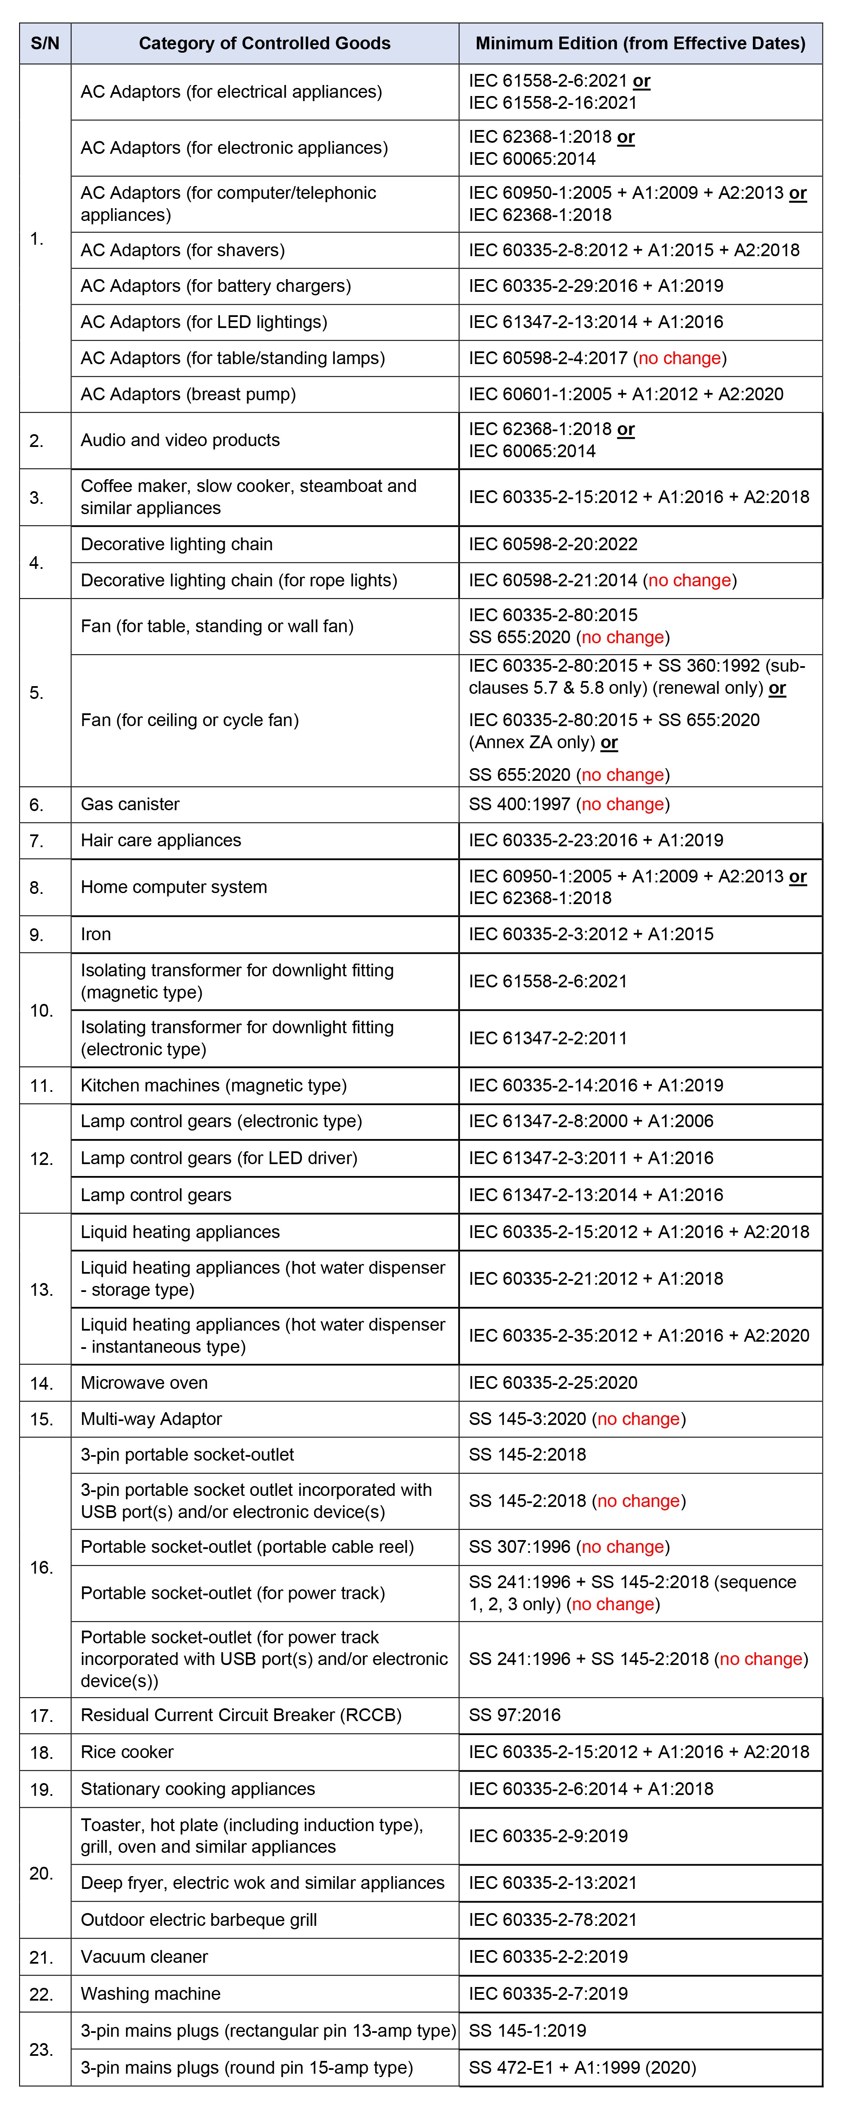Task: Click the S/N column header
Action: coord(45,43)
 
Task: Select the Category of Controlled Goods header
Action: coord(265,43)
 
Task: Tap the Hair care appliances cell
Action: coord(161,840)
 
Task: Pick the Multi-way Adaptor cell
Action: coord(151,1419)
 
